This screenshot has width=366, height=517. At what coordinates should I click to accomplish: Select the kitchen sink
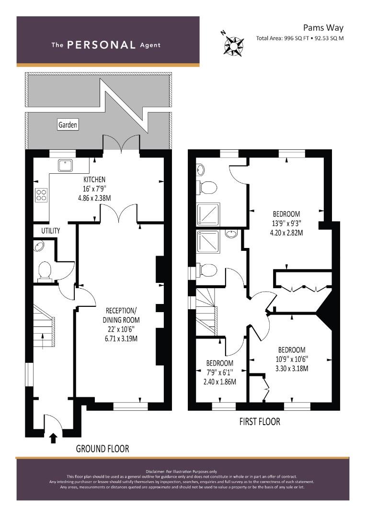pos(64,166)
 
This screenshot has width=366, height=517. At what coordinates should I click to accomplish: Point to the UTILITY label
pos(50,231)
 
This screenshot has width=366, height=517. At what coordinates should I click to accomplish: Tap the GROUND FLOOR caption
pos(103,449)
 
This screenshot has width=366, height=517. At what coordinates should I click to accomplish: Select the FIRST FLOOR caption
pos(260,422)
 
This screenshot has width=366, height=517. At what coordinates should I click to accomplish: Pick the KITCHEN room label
pos(94,180)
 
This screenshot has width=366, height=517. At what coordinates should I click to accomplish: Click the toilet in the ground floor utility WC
pos(45,270)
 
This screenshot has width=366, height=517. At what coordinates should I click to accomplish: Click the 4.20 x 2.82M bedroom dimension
pos(286,233)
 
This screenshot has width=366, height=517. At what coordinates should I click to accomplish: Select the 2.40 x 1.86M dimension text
pos(219,382)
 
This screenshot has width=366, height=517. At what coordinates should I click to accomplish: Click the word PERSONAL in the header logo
pos(102,45)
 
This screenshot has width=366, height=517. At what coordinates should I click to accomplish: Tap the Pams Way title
pos(323,28)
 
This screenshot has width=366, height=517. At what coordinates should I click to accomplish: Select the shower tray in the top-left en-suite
pos(208,214)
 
